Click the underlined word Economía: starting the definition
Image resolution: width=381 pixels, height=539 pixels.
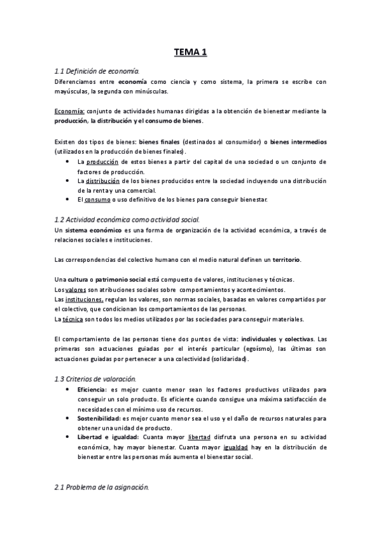coord(69,110)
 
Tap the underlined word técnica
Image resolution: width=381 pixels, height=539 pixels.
coord(74,318)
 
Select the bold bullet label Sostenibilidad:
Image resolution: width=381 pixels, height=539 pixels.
coord(98,418)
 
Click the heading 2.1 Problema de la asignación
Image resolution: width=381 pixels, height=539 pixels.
coord(102,488)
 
